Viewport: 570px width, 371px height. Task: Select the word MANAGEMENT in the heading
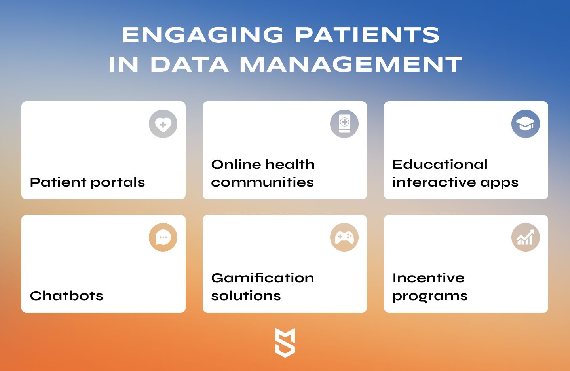351,64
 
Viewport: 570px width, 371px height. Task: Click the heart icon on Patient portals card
163,124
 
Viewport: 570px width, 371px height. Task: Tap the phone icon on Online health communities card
344,124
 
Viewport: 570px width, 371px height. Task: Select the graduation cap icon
526,124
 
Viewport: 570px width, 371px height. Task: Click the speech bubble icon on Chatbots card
163,237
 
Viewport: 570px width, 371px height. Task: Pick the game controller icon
344,237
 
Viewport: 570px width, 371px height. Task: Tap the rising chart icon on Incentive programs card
526,237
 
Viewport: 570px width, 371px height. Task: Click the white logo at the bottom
285,343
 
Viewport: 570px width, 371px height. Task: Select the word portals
118,183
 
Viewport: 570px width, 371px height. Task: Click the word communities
262,182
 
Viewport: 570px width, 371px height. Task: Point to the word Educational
440,164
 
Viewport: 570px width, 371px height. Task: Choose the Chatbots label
66,296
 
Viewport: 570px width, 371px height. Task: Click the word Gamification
262,278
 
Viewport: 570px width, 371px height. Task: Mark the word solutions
246,296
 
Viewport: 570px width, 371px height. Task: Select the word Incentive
429,278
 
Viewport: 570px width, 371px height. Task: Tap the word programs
430,297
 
